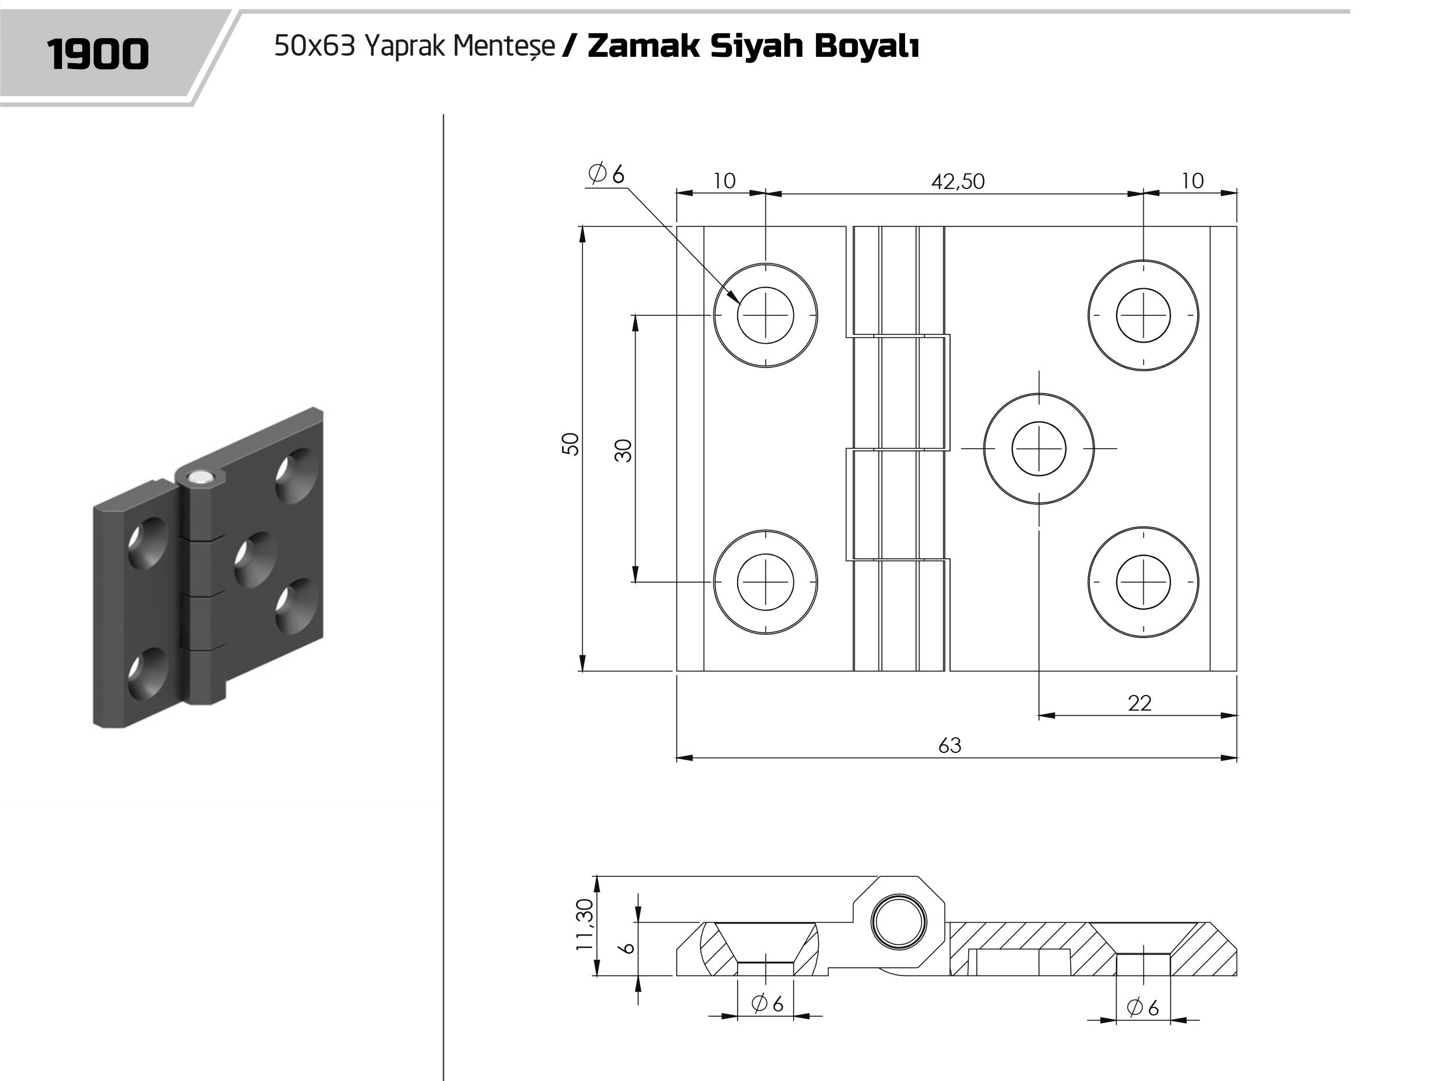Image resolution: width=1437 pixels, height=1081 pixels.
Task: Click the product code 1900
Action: coord(98,54)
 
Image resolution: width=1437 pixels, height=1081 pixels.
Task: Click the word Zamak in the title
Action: coord(643,46)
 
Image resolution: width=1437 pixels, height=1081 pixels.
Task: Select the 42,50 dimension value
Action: coord(958,181)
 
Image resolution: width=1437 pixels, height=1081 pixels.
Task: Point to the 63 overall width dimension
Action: coord(950,745)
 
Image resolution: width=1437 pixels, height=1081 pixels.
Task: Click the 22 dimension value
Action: coord(1140,703)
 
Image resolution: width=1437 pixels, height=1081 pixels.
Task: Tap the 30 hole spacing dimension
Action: coord(623,450)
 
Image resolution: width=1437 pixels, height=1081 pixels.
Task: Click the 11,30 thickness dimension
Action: coord(585,925)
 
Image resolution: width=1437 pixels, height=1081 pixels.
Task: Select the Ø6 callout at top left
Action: coord(606,173)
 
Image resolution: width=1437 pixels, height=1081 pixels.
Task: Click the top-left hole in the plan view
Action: coord(765,315)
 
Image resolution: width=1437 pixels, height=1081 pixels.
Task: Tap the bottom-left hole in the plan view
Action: coord(765,582)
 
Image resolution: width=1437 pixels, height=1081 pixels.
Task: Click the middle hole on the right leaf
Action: coord(1039,449)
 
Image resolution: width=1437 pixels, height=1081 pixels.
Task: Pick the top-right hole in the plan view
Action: coord(1143,315)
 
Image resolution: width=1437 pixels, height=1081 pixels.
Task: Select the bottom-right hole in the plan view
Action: coord(1143,582)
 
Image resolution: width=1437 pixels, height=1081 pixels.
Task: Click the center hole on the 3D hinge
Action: coord(254,558)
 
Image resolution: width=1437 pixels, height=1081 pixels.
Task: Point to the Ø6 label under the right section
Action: coord(1143,1007)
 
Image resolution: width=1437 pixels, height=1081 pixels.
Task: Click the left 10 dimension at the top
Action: coord(724,181)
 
